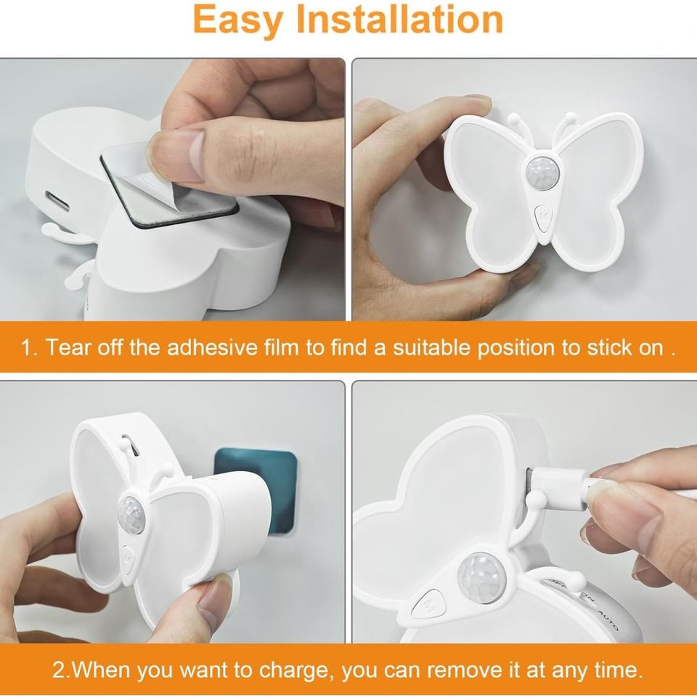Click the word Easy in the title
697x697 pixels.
click(238, 21)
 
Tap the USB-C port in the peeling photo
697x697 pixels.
click(57, 201)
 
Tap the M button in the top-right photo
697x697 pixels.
click(543, 219)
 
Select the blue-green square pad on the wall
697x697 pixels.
click(256, 489)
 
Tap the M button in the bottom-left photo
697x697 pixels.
click(129, 557)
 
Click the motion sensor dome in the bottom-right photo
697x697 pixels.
click(481, 577)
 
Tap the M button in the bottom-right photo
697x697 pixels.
click(429, 603)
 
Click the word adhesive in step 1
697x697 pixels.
click(213, 347)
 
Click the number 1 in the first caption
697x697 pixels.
click(28, 347)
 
